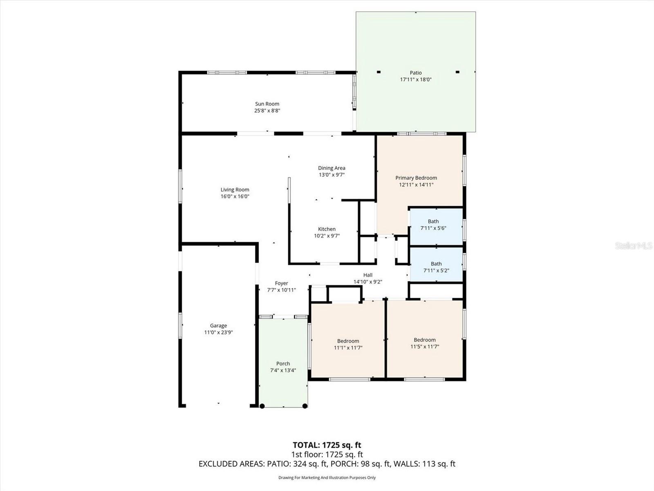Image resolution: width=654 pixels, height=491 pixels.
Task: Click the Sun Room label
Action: pyautogui.click(x=267, y=104)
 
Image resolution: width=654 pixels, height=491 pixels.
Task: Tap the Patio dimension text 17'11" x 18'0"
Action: pyautogui.click(x=416, y=80)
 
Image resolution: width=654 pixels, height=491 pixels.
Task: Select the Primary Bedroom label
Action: pyautogui.click(x=416, y=178)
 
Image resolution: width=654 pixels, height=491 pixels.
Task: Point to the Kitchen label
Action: pyautogui.click(x=327, y=229)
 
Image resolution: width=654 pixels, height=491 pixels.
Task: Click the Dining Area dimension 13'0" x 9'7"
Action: pyautogui.click(x=331, y=175)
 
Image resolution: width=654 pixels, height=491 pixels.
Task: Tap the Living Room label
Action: pyautogui.click(x=235, y=190)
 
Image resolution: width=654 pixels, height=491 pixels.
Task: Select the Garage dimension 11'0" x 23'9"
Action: pyautogui.click(x=218, y=333)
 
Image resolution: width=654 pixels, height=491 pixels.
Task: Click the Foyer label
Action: pyautogui.click(x=281, y=283)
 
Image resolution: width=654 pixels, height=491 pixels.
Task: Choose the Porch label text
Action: pyautogui.click(x=283, y=363)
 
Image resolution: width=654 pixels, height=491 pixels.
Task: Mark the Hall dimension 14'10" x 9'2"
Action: pyautogui.click(x=367, y=282)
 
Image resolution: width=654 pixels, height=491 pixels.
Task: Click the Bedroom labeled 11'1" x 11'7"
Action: pyautogui.click(x=348, y=344)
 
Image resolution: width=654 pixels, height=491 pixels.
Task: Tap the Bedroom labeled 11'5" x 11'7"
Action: pyautogui.click(x=424, y=343)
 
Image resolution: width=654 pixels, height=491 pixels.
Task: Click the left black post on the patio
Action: pyautogui.click(x=379, y=72)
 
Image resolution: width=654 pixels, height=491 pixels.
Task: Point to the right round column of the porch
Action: pyautogui.click(x=305, y=406)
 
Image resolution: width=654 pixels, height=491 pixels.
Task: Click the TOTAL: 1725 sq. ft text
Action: pyautogui.click(x=327, y=445)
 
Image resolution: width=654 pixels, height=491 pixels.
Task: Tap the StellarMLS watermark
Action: pyautogui.click(x=633, y=245)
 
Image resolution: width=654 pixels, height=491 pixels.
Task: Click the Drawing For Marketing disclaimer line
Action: pyautogui.click(x=327, y=477)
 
